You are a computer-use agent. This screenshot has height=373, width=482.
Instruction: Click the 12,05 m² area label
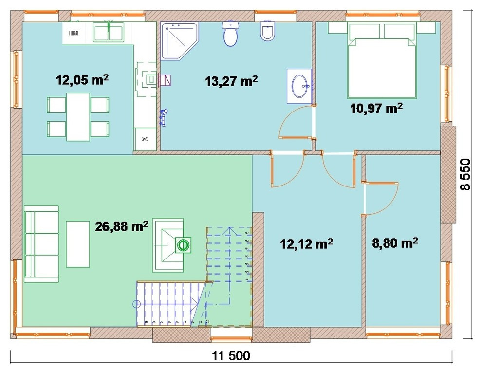(x=82, y=80)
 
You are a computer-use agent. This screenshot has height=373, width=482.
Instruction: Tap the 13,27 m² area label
(x=231, y=81)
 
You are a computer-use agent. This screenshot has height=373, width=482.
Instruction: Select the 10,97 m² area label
(x=376, y=108)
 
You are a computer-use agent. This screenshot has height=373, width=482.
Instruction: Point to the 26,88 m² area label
(x=122, y=226)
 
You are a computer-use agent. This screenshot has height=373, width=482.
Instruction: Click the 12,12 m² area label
(x=306, y=244)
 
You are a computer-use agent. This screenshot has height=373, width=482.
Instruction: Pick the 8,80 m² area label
(x=395, y=243)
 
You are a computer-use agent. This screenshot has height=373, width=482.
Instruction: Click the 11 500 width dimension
(x=231, y=356)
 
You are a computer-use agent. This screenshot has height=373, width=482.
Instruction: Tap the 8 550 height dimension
(x=465, y=174)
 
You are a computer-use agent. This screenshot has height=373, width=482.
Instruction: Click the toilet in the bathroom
(x=230, y=33)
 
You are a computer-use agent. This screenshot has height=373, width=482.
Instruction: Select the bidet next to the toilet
(x=267, y=31)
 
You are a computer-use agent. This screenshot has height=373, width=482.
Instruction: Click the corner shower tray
(x=179, y=41)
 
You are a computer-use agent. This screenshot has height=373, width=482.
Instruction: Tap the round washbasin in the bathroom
(x=300, y=86)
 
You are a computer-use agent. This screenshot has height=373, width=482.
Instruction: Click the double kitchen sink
(x=109, y=32)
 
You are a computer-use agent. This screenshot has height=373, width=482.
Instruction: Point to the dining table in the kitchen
(x=78, y=117)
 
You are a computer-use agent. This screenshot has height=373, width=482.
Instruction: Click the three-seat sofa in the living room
(x=41, y=244)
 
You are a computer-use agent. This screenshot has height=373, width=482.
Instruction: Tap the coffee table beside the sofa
(x=78, y=244)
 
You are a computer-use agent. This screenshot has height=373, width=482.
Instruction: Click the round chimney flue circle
(x=183, y=245)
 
